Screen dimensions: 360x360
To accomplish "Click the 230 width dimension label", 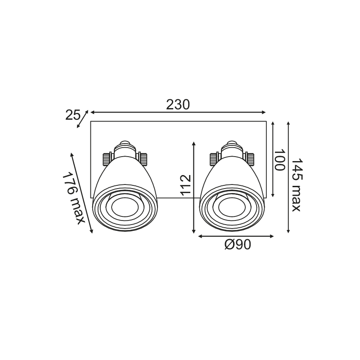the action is click(x=178, y=105).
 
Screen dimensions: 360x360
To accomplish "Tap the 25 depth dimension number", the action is click(x=72, y=115).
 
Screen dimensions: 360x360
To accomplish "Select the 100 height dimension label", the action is click(x=279, y=160).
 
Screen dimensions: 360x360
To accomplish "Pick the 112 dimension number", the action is click(x=186, y=185).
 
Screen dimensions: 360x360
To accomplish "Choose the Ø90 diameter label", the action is click(x=238, y=244).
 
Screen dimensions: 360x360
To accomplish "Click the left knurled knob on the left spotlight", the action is click(x=106, y=159).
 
